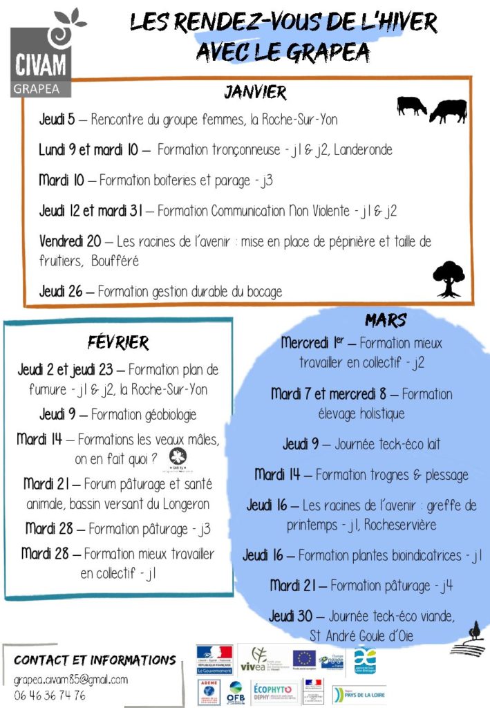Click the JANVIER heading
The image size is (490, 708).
pyautogui.click(x=254, y=92)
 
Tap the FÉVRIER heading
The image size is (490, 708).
pyautogui.click(x=118, y=342)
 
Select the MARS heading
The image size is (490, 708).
pyautogui.click(x=385, y=319)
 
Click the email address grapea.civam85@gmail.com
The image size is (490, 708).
pyautogui.click(x=70, y=680)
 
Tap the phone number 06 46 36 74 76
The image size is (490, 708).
pyautogui.click(x=50, y=695)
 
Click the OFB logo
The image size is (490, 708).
pyautogui.click(x=236, y=692)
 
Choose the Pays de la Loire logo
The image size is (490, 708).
pyautogui.click(x=359, y=693)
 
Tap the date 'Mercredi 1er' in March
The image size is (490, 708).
pyautogui.click(x=317, y=342)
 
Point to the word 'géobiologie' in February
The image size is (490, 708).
pyautogui.click(x=162, y=415)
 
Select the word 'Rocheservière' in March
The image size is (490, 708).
pyautogui.click(x=397, y=525)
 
